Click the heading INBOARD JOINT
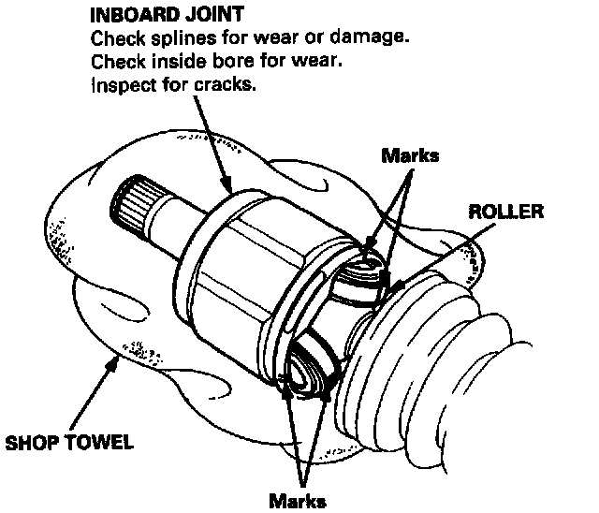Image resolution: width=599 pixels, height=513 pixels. pos(168,16)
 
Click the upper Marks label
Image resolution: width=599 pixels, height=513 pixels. pos(409,155)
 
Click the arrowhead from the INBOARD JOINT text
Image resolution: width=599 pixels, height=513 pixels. pos(229,188)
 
